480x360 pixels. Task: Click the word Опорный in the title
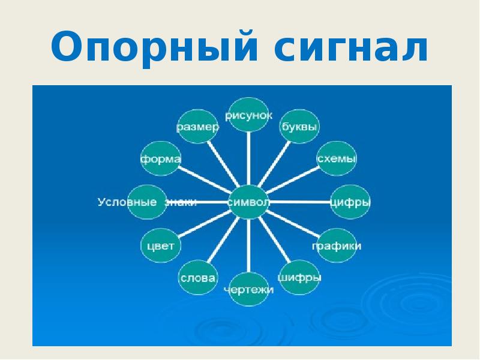(x=149, y=49)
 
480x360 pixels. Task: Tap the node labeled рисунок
(x=249, y=115)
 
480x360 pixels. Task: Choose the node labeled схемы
(x=337, y=159)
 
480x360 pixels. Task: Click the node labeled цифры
(x=350, y=202)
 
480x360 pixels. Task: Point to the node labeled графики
(x=336, y=246)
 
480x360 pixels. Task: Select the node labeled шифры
(x=300, y=277)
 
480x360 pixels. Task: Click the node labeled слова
(x=198, y=278)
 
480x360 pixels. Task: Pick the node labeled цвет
(x=161, y=246)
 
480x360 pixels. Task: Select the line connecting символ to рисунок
(x=249, y=159)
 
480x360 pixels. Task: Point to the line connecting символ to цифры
(x=300, y=201)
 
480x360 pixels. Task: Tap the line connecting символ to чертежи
(x=249, y=246)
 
